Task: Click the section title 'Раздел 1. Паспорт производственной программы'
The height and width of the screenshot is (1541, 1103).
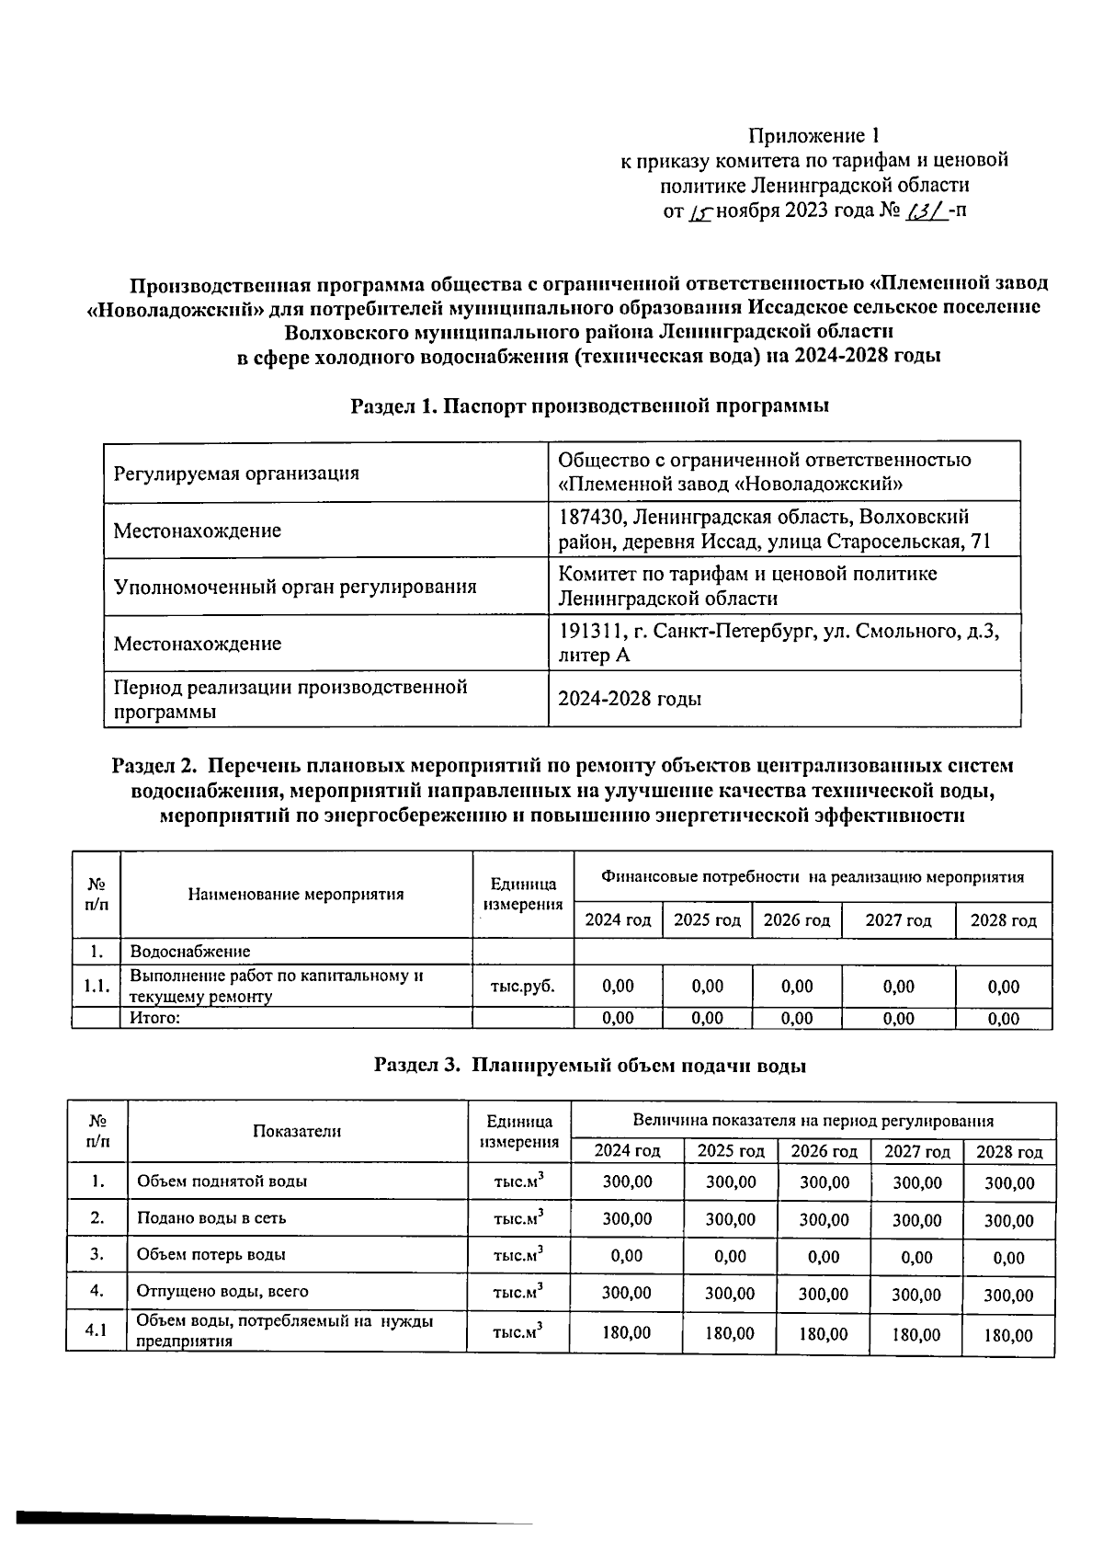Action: pyautogui.click(x=590, y=405)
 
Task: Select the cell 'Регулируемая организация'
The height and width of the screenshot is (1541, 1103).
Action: pyautogui.click(x=236, y=474)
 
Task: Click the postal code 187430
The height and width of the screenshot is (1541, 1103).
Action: pyautogui.click(x=591, y=518)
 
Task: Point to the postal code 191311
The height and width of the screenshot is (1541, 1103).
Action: pyautogui.click(x=591, y=632)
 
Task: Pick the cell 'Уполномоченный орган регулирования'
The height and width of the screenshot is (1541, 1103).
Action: pyautogui.click(x=295, y=587)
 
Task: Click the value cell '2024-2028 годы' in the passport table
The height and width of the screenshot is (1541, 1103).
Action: pyautogui.click(x=631, y=699)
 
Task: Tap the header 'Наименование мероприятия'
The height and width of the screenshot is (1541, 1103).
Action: pyautogui.click(x=296, y=894)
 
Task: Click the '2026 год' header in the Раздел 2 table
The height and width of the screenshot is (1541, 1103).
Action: pyautogui.click(x=797, y=920)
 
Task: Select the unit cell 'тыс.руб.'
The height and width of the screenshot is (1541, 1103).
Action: pyautogui.click(x=523, y=986)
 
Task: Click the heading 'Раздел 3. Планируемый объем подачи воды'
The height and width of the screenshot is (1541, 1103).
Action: pyautogui.click(x=590, y=1066)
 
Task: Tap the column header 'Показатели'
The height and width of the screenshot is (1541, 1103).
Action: pyautogui.click(x=297, y=1131)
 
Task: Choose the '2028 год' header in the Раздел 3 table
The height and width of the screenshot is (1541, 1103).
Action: pyautogui.click(x=1009, y=1152)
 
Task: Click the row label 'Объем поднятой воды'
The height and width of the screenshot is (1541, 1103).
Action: pyautogui.click(x=222, y=1181)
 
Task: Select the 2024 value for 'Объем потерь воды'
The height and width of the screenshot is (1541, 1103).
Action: pyautogui.click(x=627, y=1255)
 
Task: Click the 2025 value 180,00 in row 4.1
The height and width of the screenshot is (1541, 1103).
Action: pyautogui.click(x=730, y=1332)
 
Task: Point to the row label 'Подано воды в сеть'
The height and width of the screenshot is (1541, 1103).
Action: pyautogui.click(x=211, y=1218)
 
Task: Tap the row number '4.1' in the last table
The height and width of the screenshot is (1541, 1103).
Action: pyautogui.click(x=97, y=1330)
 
